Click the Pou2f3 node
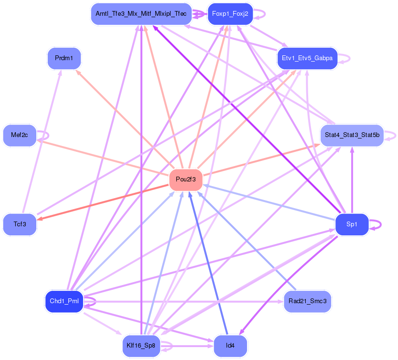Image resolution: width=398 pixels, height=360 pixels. click(x=186, y=180)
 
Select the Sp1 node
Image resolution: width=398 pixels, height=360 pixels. click(x=352, y=224)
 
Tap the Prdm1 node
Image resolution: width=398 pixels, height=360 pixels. click(x=64, y=58)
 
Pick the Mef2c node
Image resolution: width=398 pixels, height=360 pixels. click(x=20, y=135)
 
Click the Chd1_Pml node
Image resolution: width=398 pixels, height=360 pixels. click(x=65, y=301)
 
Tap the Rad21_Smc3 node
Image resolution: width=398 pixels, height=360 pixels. click(x=307, y=301)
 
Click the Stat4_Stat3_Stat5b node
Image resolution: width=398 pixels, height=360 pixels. click(x=352, y=135)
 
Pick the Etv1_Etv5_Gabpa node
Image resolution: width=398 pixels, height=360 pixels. click(x=307, y=58)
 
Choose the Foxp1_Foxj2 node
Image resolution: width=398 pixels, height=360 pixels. click(x=230, y=14)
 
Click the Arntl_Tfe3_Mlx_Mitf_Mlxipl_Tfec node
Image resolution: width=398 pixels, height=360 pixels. click(x=141, y=14)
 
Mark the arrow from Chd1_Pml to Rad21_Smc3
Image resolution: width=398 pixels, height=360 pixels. click(x=191, y=302)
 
